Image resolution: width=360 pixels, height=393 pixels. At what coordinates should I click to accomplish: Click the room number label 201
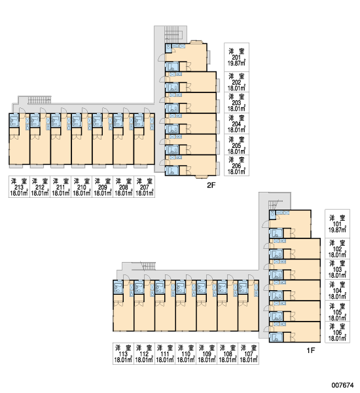pos(236,58)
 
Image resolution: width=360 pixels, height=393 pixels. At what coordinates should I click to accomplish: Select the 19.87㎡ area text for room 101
pos(337,230)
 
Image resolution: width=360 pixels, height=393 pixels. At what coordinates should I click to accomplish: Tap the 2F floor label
pos(211,185)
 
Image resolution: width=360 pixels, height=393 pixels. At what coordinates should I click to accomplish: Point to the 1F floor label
pos(311,350)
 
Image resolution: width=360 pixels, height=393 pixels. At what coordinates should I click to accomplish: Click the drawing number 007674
pos(343,385)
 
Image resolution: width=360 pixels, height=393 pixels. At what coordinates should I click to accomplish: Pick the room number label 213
pos(19,187)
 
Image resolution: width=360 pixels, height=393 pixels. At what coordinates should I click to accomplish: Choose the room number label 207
pos(144,187)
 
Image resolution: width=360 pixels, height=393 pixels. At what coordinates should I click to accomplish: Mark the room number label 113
pos(123,354)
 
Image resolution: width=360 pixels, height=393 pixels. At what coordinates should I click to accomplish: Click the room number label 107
pos(249,354)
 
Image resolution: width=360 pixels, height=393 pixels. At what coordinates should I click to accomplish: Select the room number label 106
pos(337,333)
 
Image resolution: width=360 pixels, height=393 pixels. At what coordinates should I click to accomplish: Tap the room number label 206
pos(236,166)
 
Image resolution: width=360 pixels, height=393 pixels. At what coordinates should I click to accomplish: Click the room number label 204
pos(236,124)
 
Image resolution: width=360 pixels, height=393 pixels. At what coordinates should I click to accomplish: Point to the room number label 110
pos(186,354)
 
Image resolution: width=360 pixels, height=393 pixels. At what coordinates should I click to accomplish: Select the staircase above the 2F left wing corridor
pos(39,100)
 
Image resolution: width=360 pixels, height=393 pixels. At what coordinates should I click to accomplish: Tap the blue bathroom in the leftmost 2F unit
pos(14,121)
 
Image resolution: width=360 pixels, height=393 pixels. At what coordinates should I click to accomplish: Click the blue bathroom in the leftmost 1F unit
pos(118,287)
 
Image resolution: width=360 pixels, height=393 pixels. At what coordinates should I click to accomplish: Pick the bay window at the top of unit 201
pos(196,42)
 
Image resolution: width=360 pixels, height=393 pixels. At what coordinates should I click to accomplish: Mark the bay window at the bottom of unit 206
pos(202,177)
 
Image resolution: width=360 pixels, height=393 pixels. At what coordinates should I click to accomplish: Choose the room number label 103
pos(337,269)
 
